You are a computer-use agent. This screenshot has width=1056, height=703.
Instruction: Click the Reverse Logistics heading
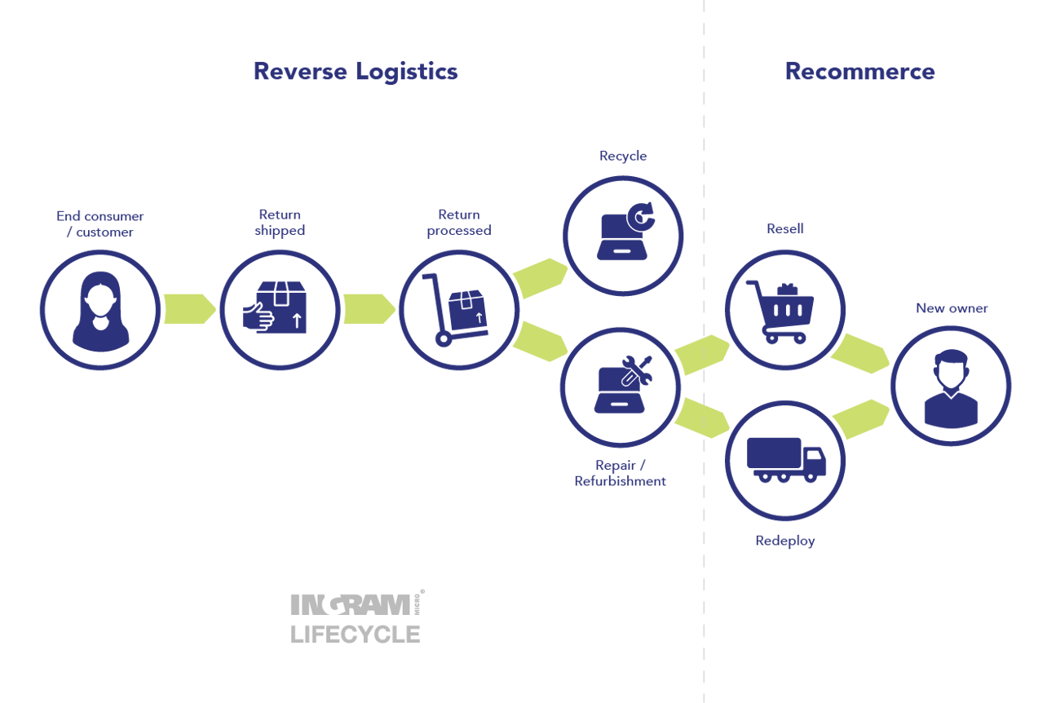tap(356, 72)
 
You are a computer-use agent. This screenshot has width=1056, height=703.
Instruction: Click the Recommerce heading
tap(859, 72)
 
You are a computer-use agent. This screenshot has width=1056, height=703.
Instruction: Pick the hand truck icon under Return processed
tap(457, 310)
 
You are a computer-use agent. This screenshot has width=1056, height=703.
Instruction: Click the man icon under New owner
tap(950, 387)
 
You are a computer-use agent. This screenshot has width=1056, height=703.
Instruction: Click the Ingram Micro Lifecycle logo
tap(356, 617)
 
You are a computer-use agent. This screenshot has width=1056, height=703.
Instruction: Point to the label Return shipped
tap(280, 223)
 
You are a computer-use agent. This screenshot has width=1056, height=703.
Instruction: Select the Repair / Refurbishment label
tap(620, 473)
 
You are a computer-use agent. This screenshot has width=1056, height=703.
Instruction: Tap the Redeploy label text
tap(784, 541)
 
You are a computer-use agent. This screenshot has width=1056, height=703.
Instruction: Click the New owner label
tap(952, 308)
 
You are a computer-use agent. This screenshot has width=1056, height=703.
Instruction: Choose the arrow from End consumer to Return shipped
tap(188, 308)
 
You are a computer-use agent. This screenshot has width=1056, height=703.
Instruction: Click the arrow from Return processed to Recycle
tap(540, 277)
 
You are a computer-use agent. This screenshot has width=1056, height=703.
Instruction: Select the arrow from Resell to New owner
tap(859, 352)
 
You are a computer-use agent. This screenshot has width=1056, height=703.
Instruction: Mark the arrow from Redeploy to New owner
tap(859, 419)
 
